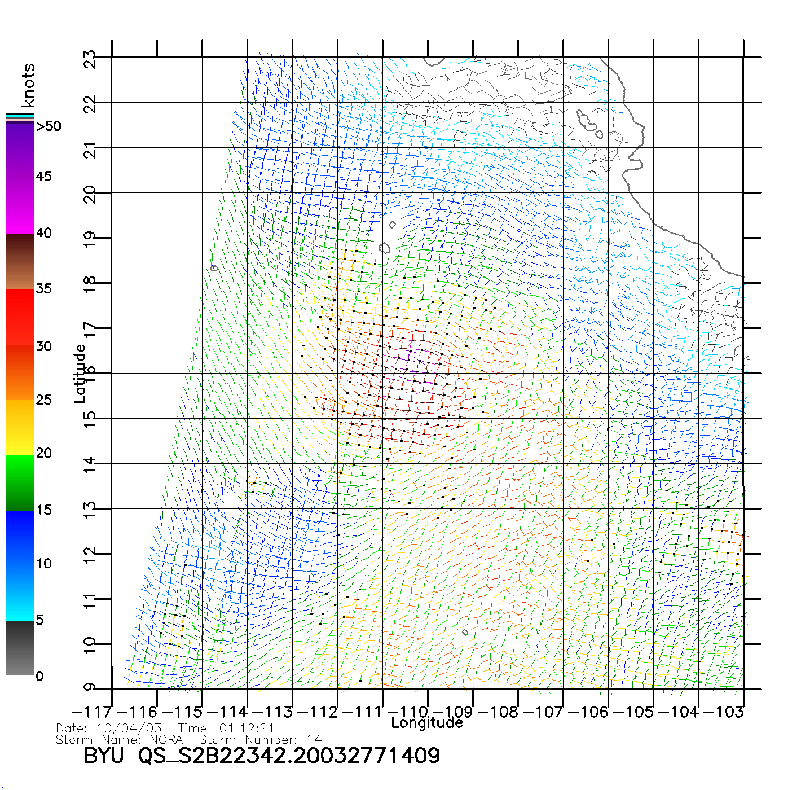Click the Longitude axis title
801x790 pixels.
pyautogui.click(x=427, y=723)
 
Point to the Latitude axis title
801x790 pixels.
pyautogui.click(x=80, y=374)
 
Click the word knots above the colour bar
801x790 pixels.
pyautogui.click(x=28, y=85)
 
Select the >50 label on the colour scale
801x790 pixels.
pyautogui.click(x=49, y=126)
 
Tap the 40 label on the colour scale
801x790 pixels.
pyautogui.click(x=44, y=233)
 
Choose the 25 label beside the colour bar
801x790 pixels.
pyautogui.click(x=44, y=400)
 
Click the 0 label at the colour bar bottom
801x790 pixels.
pyautogui.click(x=39, y=677)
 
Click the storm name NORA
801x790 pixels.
pyautogui.click(x=166, y=739)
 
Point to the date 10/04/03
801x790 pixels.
pyautogui.click(x=129, y=728)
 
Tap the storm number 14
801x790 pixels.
pyautogui.click(x=314, y=739)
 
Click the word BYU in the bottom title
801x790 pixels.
pyautogui.click(x=104, y=756)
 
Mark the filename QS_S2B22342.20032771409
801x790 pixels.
pyautogui.click(x=289, y=756)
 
